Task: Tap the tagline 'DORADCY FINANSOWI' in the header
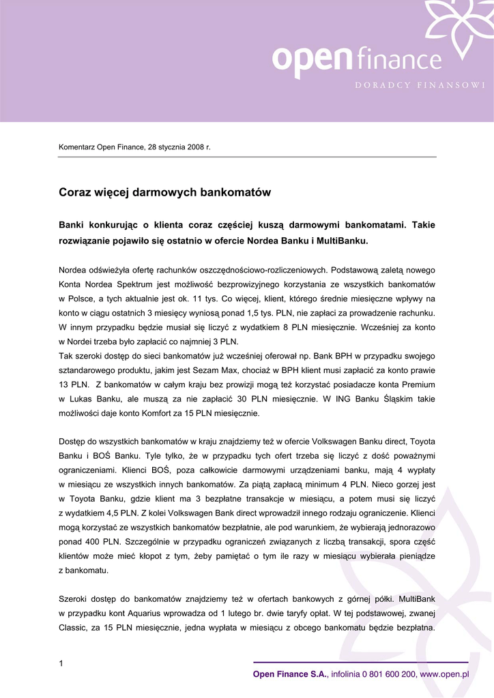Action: click(420, 85)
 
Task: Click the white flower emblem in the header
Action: click(458, 27)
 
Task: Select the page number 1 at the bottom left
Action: click(61, 664)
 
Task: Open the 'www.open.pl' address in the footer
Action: click(444, 674)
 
